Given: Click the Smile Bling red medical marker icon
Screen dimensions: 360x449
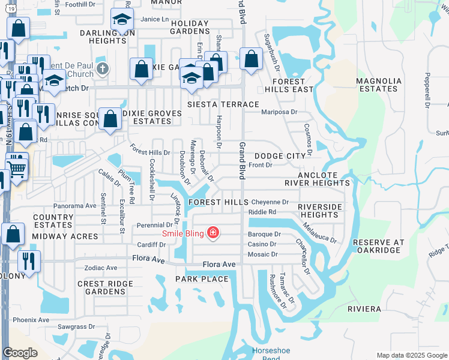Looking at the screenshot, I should point(212,233).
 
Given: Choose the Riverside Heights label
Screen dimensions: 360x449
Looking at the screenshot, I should point(321,211).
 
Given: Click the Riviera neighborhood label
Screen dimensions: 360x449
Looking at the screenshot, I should point(364,308).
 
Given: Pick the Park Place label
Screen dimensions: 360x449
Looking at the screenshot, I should point(202,279).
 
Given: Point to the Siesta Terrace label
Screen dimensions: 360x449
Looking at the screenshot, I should point(223,104).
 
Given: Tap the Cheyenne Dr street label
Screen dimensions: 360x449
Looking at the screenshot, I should point(270,202).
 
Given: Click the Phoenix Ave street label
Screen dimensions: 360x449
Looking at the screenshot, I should point(31,320).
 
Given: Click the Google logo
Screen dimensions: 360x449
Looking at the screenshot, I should point(20,353).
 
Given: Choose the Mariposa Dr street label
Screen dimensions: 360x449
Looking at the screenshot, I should point(279,112).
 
